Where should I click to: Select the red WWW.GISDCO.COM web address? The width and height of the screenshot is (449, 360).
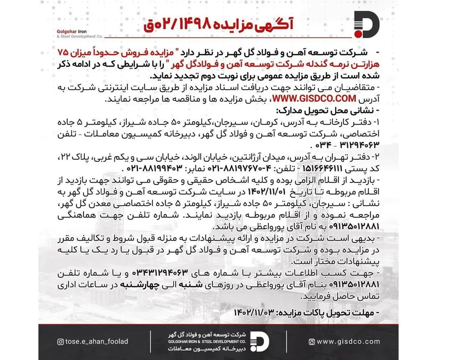(314, 99)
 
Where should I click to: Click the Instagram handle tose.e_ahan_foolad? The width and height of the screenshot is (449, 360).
(97, 341)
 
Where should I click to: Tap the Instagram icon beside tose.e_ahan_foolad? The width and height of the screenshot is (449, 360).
(61, 341)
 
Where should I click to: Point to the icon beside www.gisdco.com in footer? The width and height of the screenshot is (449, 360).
(311, 341)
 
